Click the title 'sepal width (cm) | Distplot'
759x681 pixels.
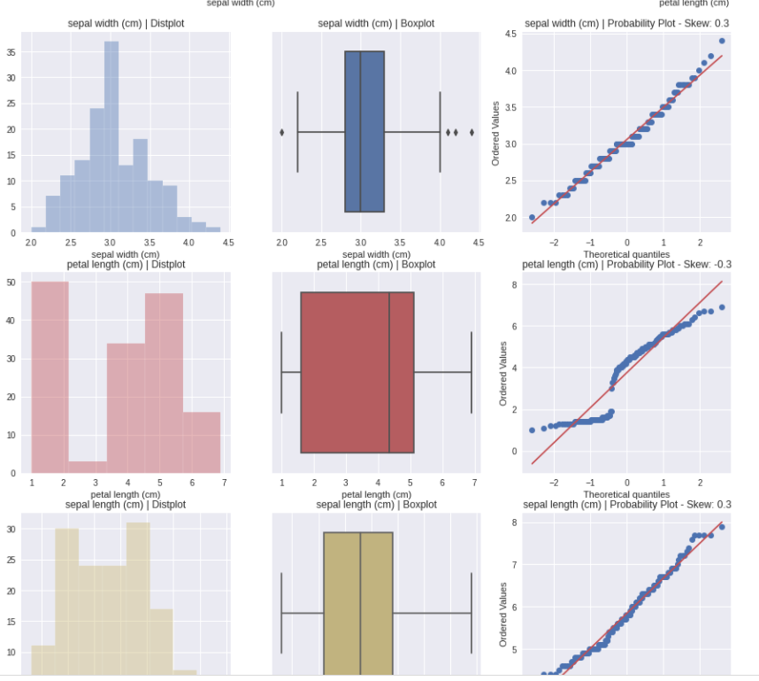pyautogui.click(x=125, y=23)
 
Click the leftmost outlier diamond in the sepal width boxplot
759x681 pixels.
pyautogui.click(x=282, y=132)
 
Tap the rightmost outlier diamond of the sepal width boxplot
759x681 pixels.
pyautogui.click(x=471, y=132)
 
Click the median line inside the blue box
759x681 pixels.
pyautogui.click(x=360, y=132)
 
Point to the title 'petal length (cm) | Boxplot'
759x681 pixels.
pyautogui.click(x=376, y=264)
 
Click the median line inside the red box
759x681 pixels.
pyautogui.click(x=389, y=372)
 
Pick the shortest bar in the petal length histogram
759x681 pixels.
pyautogui.click(x=88, y=467)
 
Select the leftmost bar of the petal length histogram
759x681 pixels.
pyautogui.click(x=50, y=377)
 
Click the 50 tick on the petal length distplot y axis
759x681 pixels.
pyautogui.click(x=11, y=282)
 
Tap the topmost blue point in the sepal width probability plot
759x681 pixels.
pyautogui.click(x=722, y=41)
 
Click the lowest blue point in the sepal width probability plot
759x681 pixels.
pyautogui.click(x=532, y=217)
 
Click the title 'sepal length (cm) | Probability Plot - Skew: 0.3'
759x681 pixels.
pyautogui.click(x=627, y=505)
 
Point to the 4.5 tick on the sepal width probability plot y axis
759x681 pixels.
pyautogui.click(x=511, y=34)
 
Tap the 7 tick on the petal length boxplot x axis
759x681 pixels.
pyautogui.click(x=475, y=483)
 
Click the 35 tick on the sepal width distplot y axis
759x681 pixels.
pyautogui.click(x=11, y=52)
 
